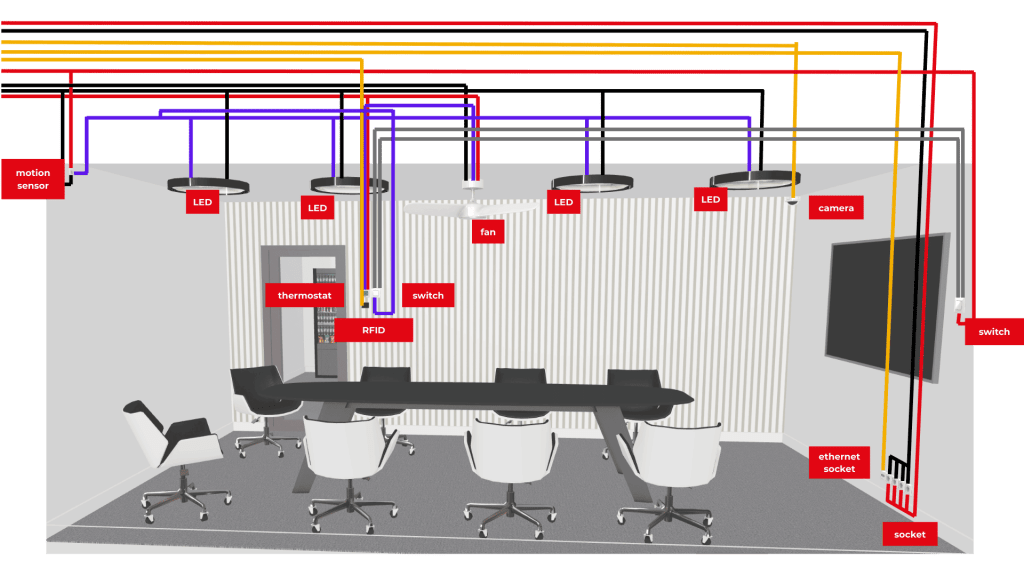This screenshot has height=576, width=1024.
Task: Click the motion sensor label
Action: tap(33, 179)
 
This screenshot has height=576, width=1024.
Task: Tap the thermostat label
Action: tap(305, 295)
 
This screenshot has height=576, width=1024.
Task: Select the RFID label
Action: tap(373, 329)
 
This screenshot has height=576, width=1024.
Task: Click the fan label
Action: tap(488, 232)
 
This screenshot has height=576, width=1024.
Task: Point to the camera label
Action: tap(835, 208)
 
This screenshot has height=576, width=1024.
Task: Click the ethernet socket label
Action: tap(839, 462)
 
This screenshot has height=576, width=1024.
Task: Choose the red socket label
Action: tap(909, 534)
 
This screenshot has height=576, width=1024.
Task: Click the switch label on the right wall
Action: tap(993, 332)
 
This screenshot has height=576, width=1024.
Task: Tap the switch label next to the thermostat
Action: tap(428, 295)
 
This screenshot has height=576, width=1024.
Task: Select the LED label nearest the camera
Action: tap(710, 200)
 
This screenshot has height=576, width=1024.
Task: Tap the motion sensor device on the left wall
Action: tap(70, 172)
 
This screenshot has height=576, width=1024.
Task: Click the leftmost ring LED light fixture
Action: tap(208, 184)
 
